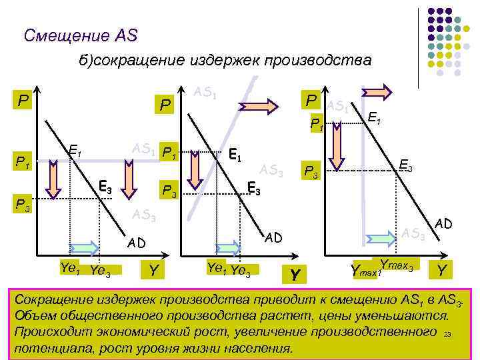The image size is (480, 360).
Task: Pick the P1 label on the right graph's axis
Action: (315, 124)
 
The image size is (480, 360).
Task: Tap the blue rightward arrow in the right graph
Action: (378, 237)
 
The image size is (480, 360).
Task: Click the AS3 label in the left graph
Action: (143, 215)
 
